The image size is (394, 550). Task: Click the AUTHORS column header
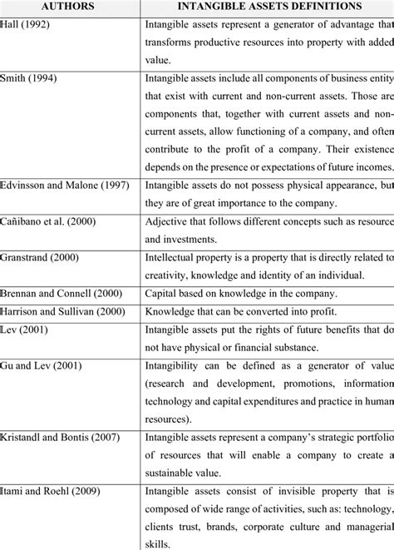pyautogui.click(x=70, y=7)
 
